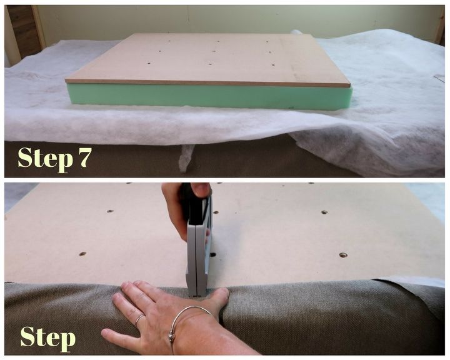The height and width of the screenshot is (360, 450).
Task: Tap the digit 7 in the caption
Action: point(84,157)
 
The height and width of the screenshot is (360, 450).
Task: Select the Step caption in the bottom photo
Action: point(48,339)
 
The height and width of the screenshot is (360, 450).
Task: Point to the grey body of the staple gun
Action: point(199,252)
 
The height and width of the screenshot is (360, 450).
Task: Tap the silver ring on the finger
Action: point(140,319)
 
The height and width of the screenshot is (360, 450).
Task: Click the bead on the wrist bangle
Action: point(172,335)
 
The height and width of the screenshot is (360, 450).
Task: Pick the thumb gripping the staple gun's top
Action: point(201,189)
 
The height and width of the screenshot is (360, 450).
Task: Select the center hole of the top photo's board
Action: point(214,52)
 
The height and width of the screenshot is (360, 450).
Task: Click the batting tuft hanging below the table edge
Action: point(186,157)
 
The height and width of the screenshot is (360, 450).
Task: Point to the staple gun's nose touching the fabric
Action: point(197,293)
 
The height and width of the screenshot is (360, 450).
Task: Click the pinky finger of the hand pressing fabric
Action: point(115,334)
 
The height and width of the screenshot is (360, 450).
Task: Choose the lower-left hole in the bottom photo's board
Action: point(82,254)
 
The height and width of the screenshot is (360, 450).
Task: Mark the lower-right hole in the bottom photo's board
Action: point(343,255)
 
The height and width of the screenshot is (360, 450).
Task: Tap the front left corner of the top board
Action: point(66,81)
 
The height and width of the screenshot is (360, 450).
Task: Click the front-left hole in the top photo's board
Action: point(149,63)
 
